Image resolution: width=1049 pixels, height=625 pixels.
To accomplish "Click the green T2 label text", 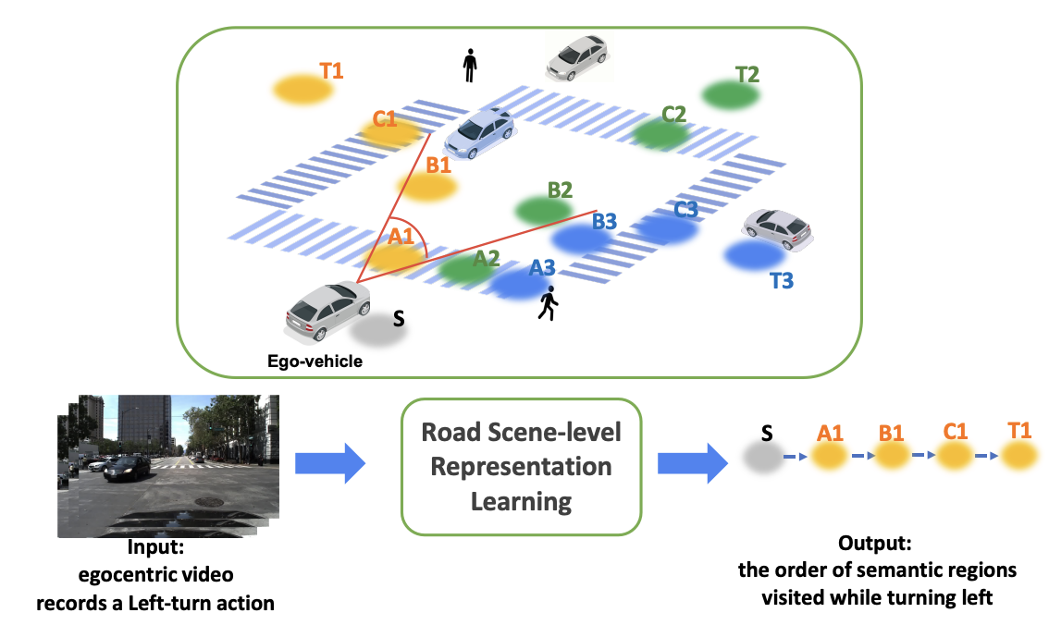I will [747, 74].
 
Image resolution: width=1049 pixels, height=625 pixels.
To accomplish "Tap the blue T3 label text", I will [781, 280].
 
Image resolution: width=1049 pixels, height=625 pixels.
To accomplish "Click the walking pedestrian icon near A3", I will [549, 303].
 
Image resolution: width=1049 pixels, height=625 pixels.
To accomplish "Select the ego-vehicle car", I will [327, 307].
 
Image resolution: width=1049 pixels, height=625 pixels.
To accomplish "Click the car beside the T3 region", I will [777, 227].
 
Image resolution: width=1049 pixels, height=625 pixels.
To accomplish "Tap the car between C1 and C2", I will [479, 132].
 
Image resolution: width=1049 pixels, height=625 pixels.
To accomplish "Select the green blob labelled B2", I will [544, 210].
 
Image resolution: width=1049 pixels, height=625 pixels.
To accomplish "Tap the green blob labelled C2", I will [660, 133].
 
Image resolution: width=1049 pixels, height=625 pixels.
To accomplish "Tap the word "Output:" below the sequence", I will [876, 543].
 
